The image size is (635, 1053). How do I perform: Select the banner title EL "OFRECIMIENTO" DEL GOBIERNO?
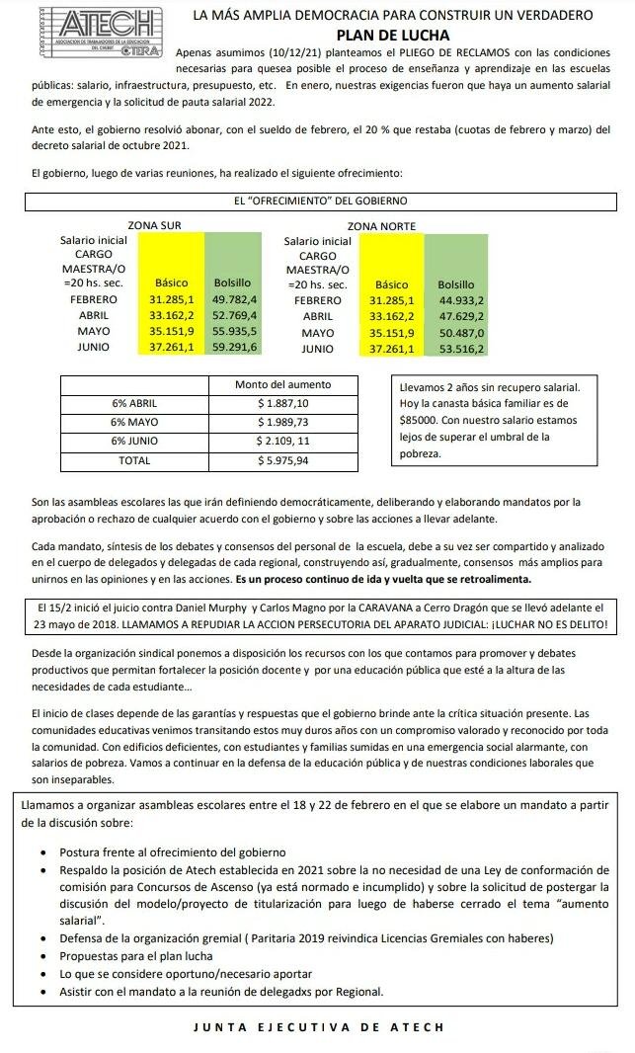[x=320, y=201]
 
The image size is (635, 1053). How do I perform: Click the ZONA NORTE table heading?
[x=381, y=226]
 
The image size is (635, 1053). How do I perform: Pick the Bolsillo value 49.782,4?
[x=235, y=299]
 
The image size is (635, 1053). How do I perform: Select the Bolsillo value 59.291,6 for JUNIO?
[x=235, y=348]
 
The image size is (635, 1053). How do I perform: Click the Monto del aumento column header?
[x=282, y=384]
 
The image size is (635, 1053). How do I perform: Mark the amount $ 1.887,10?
[x=282, y=403]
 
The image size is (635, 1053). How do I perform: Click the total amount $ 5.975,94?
[x=282, y=460]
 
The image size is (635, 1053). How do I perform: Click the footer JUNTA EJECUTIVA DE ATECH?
[x=319, y=1028]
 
